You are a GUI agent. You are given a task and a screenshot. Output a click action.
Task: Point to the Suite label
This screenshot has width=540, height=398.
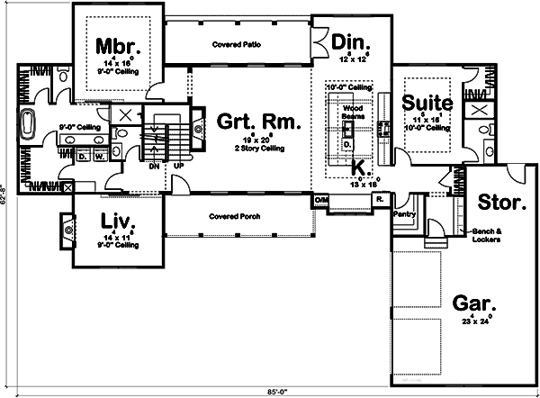(427, 102)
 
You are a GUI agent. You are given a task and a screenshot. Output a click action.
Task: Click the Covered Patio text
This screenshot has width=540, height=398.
(238, 43)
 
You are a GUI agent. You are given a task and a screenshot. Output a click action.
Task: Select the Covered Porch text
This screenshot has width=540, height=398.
(237, 216)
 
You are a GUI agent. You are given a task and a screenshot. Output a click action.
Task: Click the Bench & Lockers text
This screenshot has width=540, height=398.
(491, 236)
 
